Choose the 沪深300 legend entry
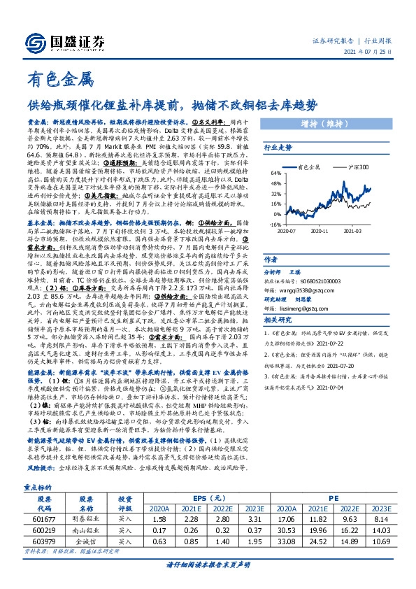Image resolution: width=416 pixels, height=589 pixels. coord(357,168)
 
